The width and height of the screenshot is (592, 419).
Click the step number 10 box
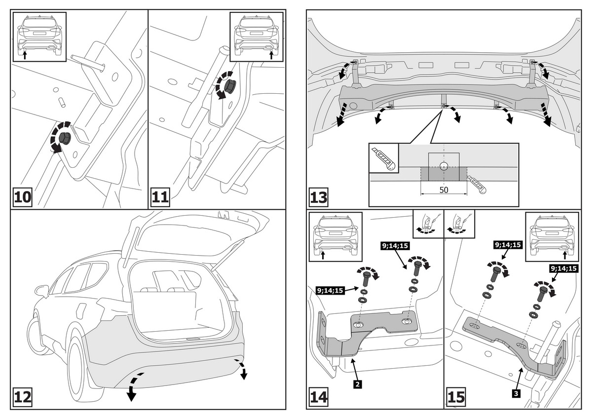[x=22, y=197]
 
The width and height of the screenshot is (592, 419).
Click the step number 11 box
[x=161, y=197]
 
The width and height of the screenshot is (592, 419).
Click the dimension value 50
[x=443, y=190]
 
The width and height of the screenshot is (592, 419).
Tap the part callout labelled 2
[x=356, y=382]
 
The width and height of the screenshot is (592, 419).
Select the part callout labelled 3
[x=515, y=393]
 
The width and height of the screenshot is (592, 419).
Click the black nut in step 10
[x=64, y=137]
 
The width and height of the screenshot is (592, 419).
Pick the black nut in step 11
[x=229, y=87]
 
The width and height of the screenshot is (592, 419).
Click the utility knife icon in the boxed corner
[x=384, y=158]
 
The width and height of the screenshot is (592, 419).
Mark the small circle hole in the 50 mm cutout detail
[x=444, y=165]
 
